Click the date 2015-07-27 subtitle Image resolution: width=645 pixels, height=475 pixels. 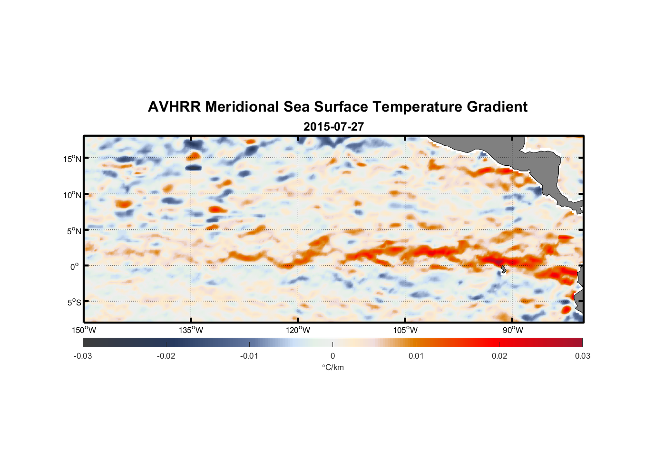pyautogui.click(x=333, y=127)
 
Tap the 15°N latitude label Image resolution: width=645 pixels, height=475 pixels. pyautogui.click(x=72, y=159)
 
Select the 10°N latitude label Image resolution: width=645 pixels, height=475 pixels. pyautogui.click(x=72, y=195)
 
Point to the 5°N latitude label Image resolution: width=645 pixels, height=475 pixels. pyautogui.click(x=74, y=231)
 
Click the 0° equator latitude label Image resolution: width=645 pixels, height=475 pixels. pyautogui.click(x=75, y=266)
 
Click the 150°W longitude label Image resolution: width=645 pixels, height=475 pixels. pyautogui.click(x=84, y=330)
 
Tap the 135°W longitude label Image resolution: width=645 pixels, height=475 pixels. pyautogui.click(x=191, y=330)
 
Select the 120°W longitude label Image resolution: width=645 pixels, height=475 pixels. pyautogui.click(x=298, y=330)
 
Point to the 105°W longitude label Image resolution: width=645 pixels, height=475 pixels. pyautogui.click(x=405, y=330)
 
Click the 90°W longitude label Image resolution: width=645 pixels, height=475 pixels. pyautogui.click(x=513, y=330)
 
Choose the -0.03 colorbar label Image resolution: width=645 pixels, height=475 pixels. pyautogui.click(x=83, y=356)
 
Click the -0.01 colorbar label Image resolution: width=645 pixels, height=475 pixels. pyautogui.click(x=249, y=356)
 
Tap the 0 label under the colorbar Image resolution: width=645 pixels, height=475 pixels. pyautogui.click(x=332, y=356)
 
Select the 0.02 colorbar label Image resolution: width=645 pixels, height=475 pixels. pyautogui.click(x=499, y=356)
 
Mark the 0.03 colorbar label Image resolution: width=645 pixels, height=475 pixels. pyautogui.click(x=582, y=356)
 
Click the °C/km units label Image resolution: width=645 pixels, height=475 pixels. pyautogui.click(x=333, y=367)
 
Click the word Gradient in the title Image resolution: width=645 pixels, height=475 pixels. pyautogui.click(x=497, y=107)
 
